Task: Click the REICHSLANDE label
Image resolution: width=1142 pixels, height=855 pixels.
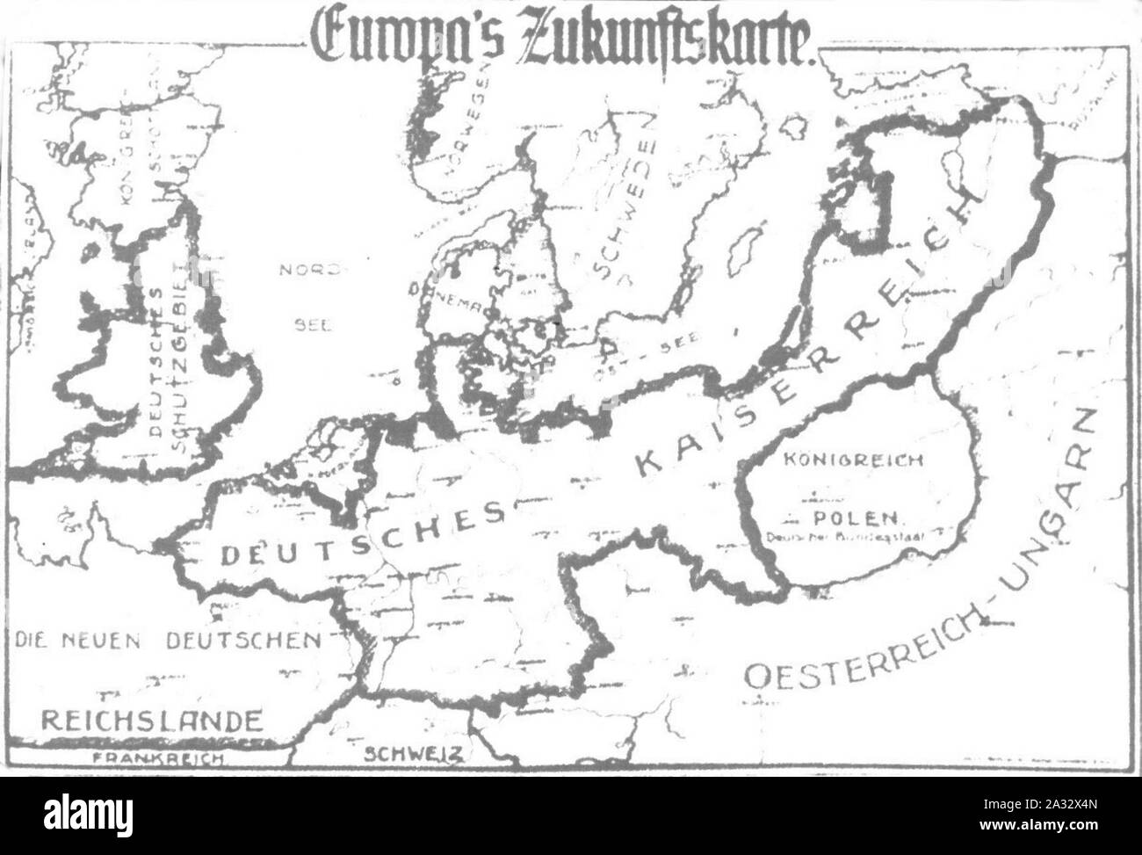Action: coord(152,721)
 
